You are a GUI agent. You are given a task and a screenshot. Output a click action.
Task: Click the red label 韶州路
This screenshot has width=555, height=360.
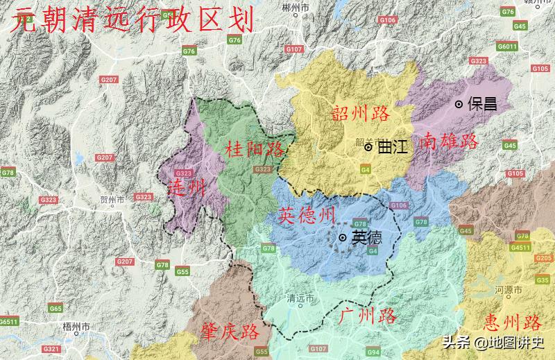click(x=361, y=114)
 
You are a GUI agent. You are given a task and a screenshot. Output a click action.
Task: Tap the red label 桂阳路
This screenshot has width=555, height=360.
click(x=255, y=148)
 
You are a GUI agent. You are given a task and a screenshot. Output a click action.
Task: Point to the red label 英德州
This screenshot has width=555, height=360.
click(x=307, y=216)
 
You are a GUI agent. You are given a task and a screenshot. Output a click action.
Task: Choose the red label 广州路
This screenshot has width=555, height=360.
click(x=368, y=317)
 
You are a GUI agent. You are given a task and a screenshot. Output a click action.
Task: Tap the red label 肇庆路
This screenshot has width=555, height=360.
click(x=230, y=331)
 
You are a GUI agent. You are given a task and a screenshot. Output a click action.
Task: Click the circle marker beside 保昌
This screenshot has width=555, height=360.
click(x=459, y=104)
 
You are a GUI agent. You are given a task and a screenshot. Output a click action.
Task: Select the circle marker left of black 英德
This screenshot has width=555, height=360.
click(x=343, y=238)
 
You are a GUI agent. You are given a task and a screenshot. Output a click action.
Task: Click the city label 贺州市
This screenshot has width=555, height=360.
click(x=112, y=200)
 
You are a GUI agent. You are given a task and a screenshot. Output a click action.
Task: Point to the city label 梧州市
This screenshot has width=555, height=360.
click(x=76, y=326)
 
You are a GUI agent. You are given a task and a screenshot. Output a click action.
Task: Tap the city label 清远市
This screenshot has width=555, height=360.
click(x=300, y=299)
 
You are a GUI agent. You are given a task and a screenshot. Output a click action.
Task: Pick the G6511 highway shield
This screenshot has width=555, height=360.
click(x=8, y=322)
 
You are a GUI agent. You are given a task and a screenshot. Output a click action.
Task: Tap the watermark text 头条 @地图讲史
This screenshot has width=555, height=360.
click(x=494, y=342)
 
